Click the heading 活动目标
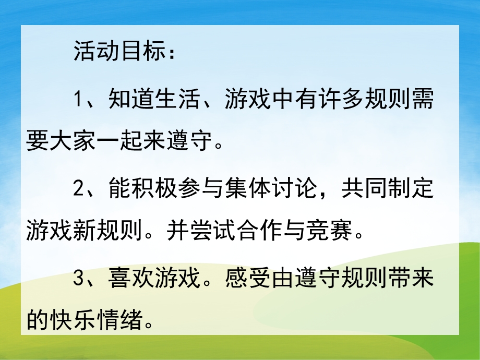pos(121,53)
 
